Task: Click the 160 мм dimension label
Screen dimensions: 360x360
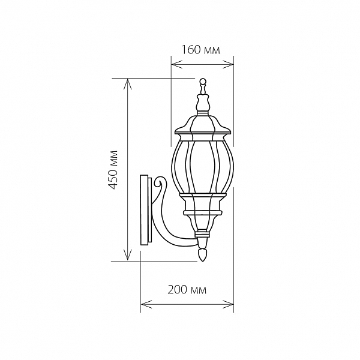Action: tap(200, 50)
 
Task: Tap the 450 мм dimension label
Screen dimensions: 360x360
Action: tap(113, 170)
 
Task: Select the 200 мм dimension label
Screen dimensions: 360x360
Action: tap(187, 290)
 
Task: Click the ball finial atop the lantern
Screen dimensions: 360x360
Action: tap(202, 82)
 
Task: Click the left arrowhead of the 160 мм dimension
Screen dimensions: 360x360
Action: tap(177, 65)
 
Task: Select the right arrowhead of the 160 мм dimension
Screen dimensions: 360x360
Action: tap(228, 65)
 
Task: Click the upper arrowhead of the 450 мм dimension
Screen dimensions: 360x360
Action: tap(128, 84)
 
